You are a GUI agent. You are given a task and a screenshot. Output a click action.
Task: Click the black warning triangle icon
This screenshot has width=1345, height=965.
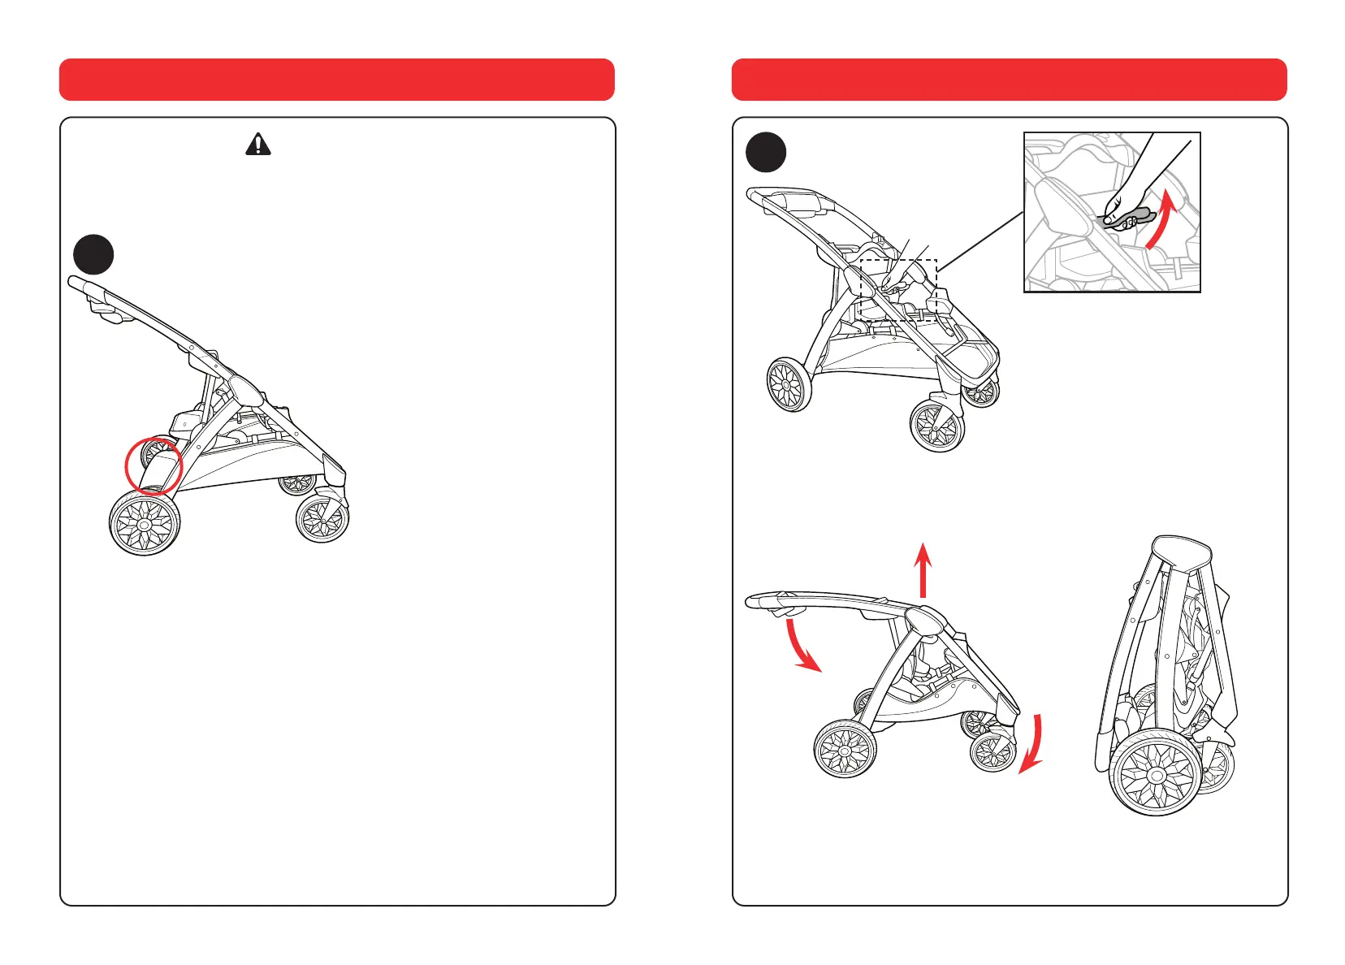(258, 145)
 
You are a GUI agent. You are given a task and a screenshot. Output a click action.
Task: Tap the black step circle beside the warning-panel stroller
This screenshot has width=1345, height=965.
(93, 255)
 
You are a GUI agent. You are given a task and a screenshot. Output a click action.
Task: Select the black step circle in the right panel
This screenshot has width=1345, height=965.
(765, 153)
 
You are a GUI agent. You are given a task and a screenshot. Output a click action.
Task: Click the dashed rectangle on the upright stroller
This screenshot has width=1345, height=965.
(898, 262)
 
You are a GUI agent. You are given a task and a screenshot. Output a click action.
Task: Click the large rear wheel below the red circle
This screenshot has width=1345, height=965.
(145, 523)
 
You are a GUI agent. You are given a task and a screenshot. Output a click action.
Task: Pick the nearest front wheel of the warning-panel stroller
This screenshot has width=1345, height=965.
(322, 518)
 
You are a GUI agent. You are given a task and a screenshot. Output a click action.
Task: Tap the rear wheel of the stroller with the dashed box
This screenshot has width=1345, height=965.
(789, 385)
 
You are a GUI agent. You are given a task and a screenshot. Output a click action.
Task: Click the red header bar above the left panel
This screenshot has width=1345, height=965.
(336, 80)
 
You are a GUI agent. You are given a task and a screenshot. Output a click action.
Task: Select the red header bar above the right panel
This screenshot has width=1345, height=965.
(1009, 80)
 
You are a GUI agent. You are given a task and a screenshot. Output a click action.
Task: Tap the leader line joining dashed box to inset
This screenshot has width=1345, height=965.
(980, 237)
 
